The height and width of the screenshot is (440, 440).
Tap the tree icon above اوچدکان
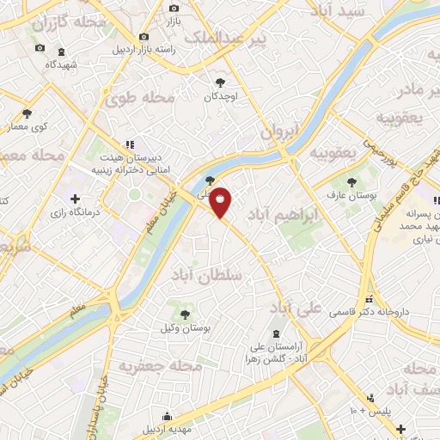[x=221, y=82]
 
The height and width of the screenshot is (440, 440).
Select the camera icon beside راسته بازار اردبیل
[x=144, y=37]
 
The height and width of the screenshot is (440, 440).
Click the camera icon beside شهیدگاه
[x=40, y=47]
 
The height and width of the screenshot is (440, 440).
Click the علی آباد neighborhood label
[x=296, y=306]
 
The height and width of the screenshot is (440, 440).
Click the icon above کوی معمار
[x=27, y=113]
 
